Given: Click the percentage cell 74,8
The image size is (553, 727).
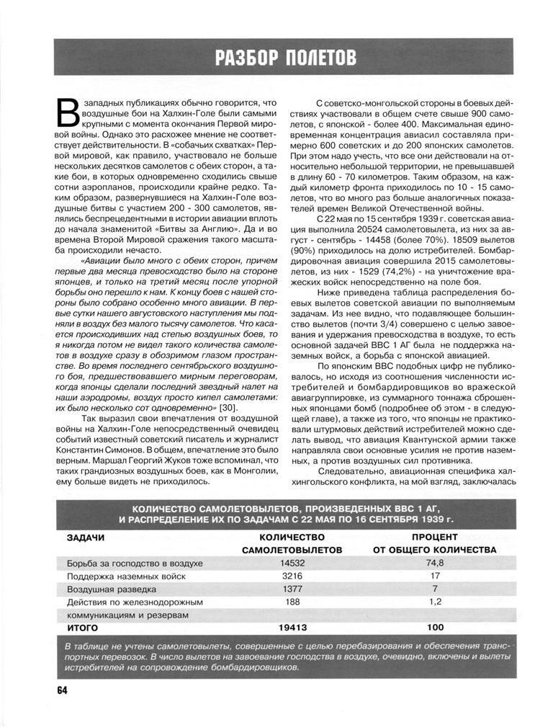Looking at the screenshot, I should [434, 563].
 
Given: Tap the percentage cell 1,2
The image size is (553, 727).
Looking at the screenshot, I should [434, 601].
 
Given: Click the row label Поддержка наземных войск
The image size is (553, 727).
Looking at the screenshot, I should [126, 576].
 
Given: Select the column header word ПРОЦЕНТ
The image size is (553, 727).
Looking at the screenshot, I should [434, 537].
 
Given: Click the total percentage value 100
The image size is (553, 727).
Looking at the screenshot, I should [434, 627].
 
